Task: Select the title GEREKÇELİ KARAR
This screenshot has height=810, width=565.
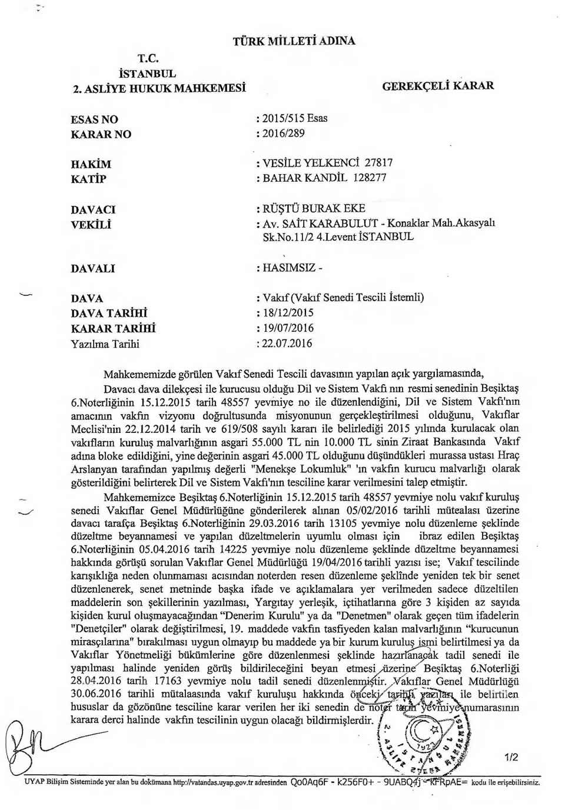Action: tap(438, 86)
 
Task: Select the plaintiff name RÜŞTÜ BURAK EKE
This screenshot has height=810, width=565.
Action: tap(314, 208)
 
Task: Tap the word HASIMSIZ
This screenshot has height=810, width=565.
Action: tap(290, 268)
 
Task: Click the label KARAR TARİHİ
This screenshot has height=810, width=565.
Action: tap(113, 328)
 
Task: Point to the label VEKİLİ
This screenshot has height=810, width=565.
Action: tap(91, 224)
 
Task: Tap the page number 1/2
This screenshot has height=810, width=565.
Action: tap(510, 757)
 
